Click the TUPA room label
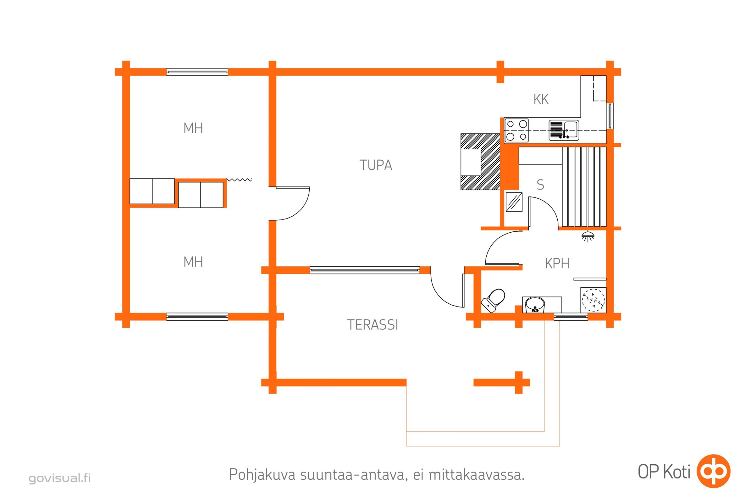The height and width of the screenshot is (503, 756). point(376,165)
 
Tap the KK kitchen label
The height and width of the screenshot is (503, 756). point(541,99)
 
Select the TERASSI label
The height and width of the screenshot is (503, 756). point(372,325)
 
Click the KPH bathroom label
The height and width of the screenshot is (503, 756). point(557,264)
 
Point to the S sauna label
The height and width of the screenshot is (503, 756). point(540,185)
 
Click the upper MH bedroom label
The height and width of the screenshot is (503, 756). point(193,128)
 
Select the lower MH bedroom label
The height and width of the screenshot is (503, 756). point(193,262)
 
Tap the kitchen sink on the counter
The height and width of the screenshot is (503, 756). point(564,130)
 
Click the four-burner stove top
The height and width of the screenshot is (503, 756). point(516,130)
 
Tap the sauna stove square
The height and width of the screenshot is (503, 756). point(514,202)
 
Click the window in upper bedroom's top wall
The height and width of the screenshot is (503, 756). point(197,72)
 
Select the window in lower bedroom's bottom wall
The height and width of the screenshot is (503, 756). point(197,317)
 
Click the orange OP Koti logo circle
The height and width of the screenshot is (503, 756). point(713,471)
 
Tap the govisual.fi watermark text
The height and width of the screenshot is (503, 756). point(60,478)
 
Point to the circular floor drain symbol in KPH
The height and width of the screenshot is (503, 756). point(593,301)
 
